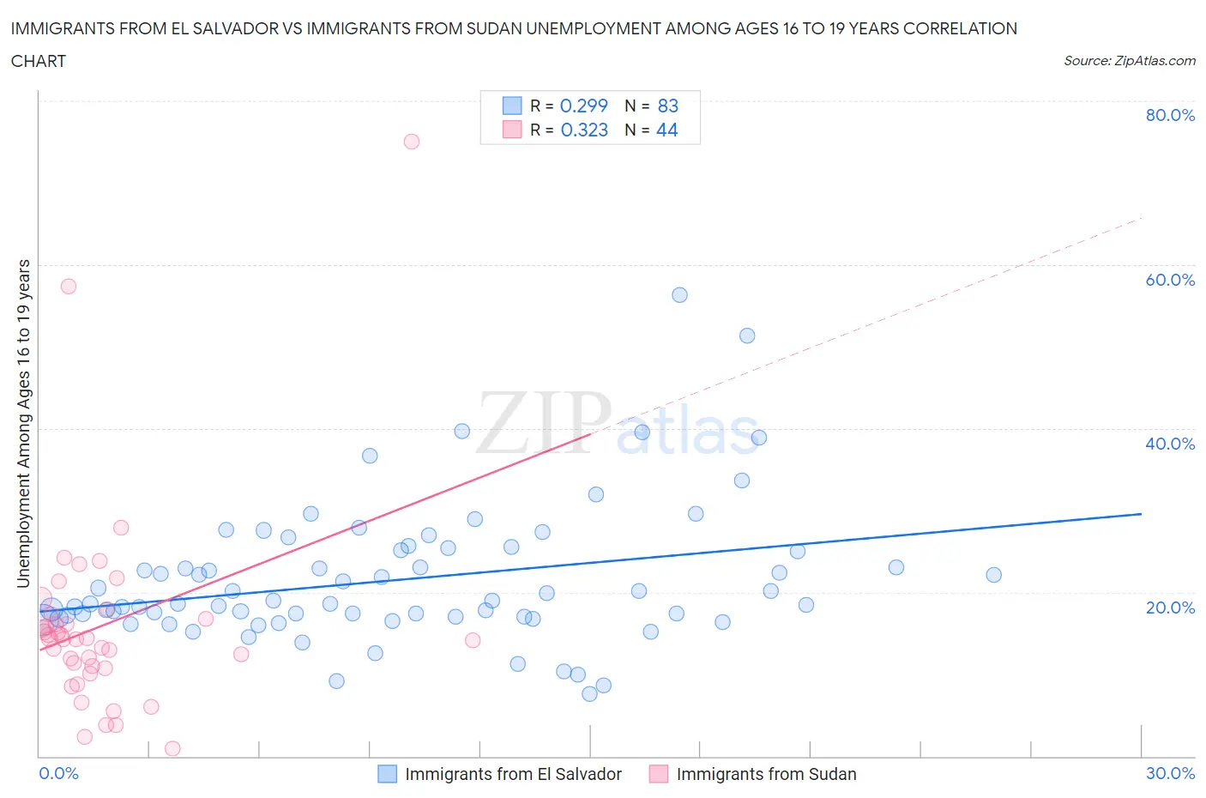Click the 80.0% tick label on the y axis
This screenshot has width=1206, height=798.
(x=1169, y=115)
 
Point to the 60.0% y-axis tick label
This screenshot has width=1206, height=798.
(x=1169, y=280)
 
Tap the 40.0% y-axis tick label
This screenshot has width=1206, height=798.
(x=1169, y=444)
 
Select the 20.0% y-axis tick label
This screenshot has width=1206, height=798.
(x=1169, y=608)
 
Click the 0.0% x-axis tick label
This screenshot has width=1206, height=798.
(x=58, y=773)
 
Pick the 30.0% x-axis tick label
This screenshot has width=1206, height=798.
(x=1169, y=773)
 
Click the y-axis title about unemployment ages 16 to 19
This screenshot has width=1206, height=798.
(x=23, y=423)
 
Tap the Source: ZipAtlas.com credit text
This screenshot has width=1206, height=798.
(x=1129, y=61)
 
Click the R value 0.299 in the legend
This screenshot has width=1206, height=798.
(x=583, y=106)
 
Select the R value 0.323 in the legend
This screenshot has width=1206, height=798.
(x=583, y=130)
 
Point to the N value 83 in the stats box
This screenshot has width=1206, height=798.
(x=667, y=106)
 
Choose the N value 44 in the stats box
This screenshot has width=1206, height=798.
(x=666, y=130)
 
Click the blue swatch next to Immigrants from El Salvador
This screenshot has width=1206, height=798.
(x=388, y=774)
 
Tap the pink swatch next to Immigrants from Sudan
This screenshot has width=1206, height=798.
(x=658, y=774)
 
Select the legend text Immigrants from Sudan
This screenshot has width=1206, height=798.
(x=766, y=774)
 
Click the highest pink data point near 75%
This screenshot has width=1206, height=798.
(x=412, y=142)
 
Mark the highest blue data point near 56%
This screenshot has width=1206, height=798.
(x=679, y=295)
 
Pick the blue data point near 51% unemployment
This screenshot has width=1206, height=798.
(x=747, y=336)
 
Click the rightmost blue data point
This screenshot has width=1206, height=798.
(x=993, y=575)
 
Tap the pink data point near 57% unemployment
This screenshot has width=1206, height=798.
(x=69, y=287)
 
